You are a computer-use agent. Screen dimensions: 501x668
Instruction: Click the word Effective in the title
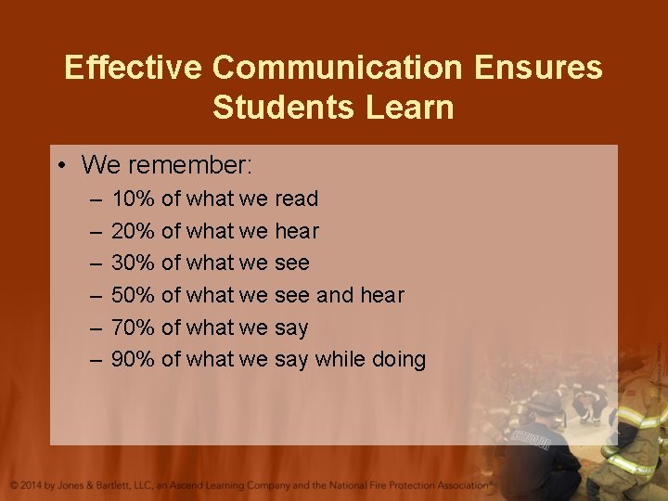[133, 68]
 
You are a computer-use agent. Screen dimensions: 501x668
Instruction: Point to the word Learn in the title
[410, 108]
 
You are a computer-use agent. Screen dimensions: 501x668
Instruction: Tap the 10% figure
[133, 199]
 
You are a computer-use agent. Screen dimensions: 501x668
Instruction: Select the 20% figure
[133, 231]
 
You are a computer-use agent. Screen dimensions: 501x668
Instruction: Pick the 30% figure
[133, 263]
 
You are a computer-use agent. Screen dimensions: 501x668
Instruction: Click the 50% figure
[133, 295]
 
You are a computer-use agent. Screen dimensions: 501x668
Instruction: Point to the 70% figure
[133, 328]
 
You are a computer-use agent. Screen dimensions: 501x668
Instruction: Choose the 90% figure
[133, 359]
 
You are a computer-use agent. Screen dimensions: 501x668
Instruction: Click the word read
[297, 199]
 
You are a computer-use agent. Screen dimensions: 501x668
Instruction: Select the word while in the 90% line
[340, 359]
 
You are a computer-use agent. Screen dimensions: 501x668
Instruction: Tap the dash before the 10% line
[96, 199]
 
